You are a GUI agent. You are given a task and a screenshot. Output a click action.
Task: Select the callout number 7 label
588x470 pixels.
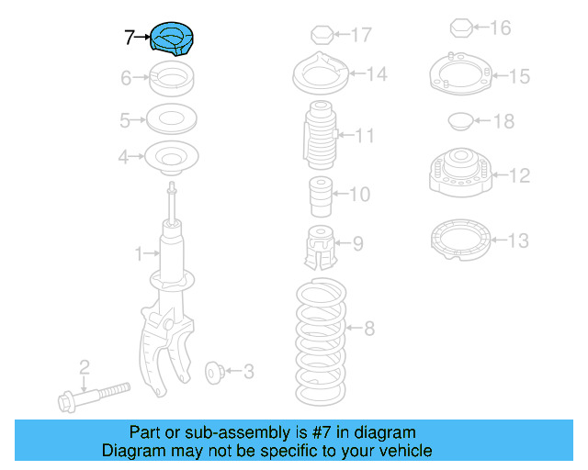coord(130,38)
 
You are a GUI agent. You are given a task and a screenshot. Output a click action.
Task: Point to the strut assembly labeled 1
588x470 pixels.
coord(169,275)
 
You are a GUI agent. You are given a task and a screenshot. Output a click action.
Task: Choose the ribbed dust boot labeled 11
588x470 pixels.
coord(319,137)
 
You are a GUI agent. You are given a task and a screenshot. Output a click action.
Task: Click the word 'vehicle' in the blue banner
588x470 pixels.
coord(402,451)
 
